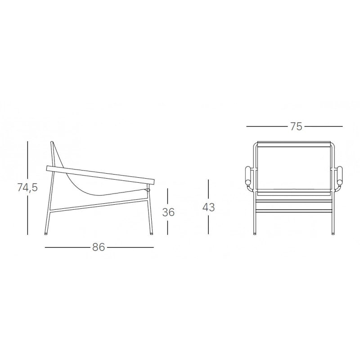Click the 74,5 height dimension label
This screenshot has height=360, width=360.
click(27, 188)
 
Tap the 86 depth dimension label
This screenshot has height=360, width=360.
click(99, 247)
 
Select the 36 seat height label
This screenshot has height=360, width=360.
click(168, 212)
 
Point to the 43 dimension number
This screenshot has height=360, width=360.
click(208, 207)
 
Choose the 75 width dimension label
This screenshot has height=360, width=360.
click(296, 126)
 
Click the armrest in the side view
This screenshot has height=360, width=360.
click(100, 175)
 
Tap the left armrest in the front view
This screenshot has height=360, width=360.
click(248, 175)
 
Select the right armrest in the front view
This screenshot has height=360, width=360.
click(339, 175)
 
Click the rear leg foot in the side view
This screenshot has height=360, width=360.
click(46, 233)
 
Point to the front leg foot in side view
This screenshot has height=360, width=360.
click(152, 233)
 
